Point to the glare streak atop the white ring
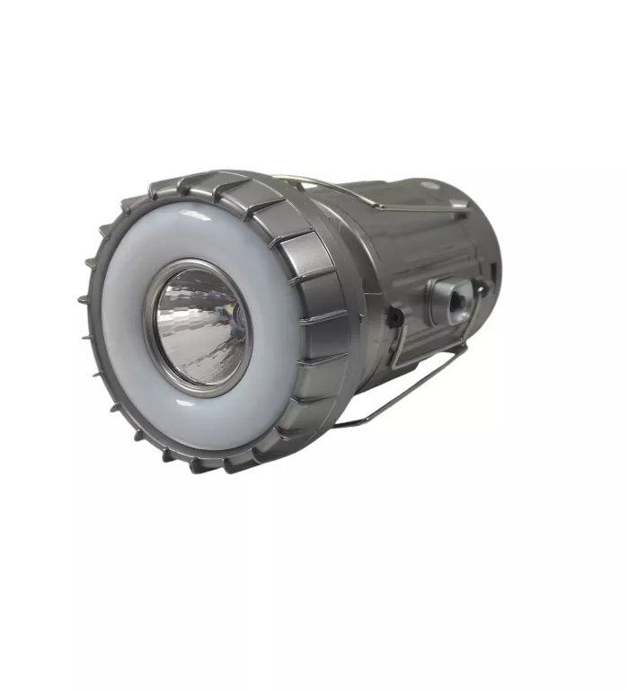(195, 216)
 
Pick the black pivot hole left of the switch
(393, 318)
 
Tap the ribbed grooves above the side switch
(422, 243)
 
